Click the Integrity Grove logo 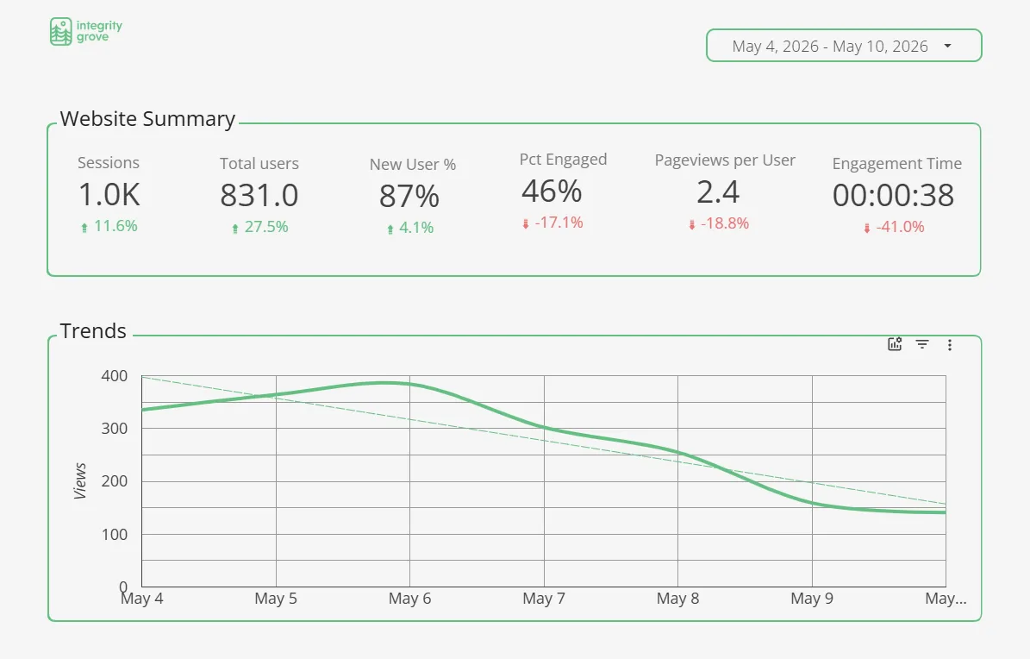[86, 32]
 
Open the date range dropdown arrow [947, 46]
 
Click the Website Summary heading [147, 119]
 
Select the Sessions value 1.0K [109, 195]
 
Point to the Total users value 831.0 [259, 195]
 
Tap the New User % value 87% [409, 196]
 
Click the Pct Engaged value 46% [552, 191]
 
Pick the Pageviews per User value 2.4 [718, 192]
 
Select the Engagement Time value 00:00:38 [893, 195]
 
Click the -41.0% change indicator [894, 227]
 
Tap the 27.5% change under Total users [259, 227]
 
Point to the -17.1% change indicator [552, 223]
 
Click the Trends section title [92, 331]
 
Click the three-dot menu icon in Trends [949, 345]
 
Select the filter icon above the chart [922, 344]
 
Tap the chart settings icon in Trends [895, 344]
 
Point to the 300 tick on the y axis [115, 428]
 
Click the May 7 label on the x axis [544, 599]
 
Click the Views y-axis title [80, 480]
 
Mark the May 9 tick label [812, 599]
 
